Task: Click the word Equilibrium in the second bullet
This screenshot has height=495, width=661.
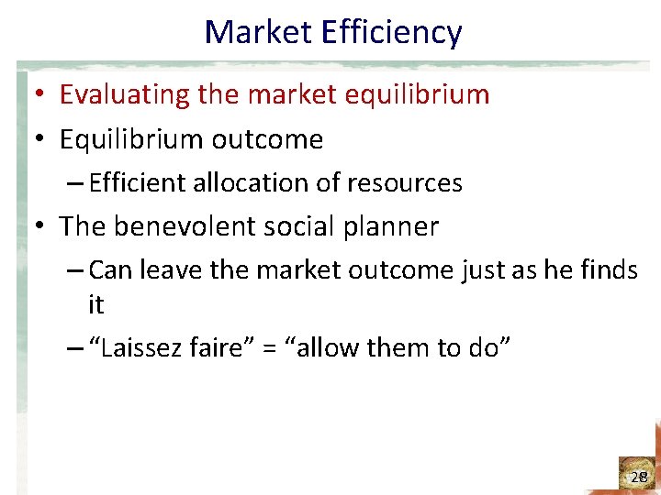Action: pyautogui.click(x=131, y=139)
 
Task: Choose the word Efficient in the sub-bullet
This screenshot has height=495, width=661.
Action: pyautogui.click(x=139, y=183)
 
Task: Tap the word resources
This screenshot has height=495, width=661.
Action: pyautogui.click(x=404, y=183)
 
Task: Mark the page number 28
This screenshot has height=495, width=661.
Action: pyautogui.click(x=639, y=477)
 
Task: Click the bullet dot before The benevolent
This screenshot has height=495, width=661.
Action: pyautogui.click(x=41, y=226)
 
